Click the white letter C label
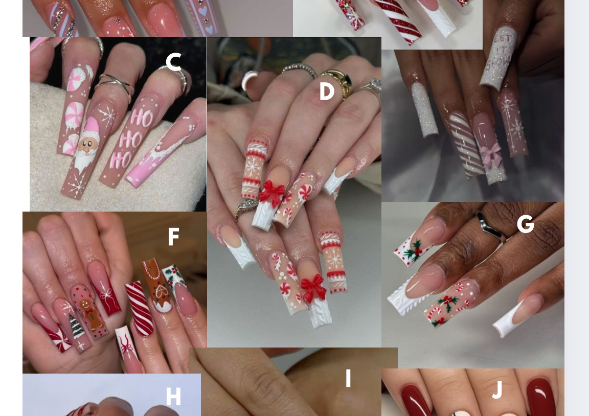[173, 61]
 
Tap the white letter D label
[327, 91]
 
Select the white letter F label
[173, 237]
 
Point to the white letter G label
[526, 224]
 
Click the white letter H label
[173, 397]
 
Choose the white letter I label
[348, 378]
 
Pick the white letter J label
[497, 389]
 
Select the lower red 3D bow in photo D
[313, 288]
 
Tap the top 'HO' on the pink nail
[142, 118]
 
